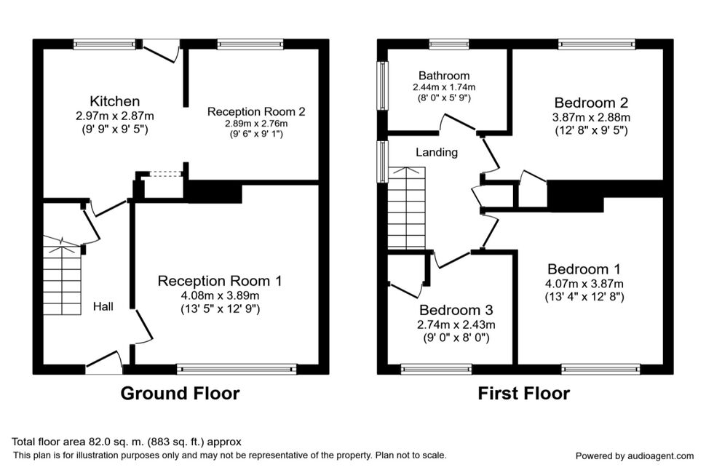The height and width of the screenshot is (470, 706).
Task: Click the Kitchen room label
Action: click(x=115, y=101)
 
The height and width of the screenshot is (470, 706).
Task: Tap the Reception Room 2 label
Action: click(x=256, y=111)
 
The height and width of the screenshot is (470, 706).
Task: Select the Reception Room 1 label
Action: click(x=220, y=281)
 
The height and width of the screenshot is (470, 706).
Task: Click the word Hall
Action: click(x=103, y=306)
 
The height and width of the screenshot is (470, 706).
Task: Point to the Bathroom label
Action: click(x=444, y=76)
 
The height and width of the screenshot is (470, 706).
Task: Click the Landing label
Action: click(x=437, y=153)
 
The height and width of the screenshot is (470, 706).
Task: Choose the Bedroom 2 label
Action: click(x=591, y=103)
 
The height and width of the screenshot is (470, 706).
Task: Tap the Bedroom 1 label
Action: click(x=584, y=269)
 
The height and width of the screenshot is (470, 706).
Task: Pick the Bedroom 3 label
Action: click(x=456, y=310)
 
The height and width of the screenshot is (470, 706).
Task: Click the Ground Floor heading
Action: click(x=180, y=394)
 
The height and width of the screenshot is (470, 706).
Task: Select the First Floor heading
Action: click(x=523, y=394)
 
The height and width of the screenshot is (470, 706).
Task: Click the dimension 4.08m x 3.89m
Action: click(x=221, y=296)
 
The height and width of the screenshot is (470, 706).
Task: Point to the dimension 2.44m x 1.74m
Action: click(x=444, y=87)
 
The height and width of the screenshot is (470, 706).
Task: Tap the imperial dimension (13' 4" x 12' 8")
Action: click(x=584, y=297)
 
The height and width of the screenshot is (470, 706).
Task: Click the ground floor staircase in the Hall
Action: click(x=62, y=275)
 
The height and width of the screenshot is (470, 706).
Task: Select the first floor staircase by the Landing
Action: click(x=407, y=208)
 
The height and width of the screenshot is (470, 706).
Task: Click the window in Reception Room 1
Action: click(x=237, y=369)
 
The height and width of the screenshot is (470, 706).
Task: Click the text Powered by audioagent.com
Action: click(x=635, y=456)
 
